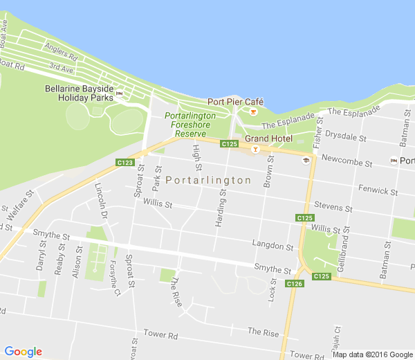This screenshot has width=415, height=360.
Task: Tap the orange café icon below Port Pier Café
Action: [x=253, y=111]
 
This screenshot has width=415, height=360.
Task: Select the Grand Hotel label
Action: [x=268, y=138]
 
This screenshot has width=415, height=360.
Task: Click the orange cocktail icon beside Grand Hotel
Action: [x=255, y=148]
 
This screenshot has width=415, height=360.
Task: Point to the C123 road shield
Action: [x=124, y=163]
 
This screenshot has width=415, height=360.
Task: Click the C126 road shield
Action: [x=295, y=284]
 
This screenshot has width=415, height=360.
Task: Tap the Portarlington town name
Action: [x=208, y=180]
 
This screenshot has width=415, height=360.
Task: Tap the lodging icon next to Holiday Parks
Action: [x=119, y=93]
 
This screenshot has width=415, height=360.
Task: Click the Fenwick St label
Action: [x=378, y=190]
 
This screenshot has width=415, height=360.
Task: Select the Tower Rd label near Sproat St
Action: [x=160, y=334]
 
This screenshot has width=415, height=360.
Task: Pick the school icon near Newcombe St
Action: [x=305, y=160]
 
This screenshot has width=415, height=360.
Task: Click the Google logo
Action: [x=23, y=352]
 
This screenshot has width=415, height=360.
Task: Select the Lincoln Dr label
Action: [x=102, y=201]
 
